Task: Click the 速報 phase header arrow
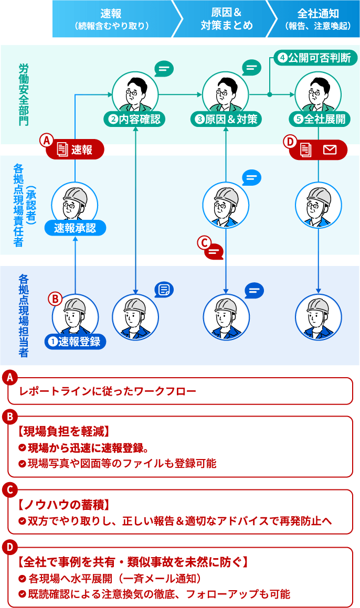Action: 111,19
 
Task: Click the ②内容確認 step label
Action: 135,119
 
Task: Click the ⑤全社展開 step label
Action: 319,119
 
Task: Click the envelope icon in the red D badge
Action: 330,150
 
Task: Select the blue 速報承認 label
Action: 75,228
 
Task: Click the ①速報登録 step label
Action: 75,342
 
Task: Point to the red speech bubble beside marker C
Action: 214,252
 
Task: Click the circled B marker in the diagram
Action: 55,298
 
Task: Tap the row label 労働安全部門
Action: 24,94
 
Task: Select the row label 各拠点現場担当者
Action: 24,315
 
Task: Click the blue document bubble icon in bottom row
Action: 164,290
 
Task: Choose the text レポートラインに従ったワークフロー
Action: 108,391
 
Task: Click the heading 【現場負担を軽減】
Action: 63,431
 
